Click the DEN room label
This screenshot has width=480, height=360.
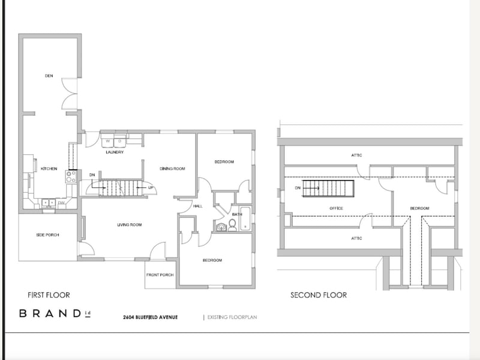tap(49, 76)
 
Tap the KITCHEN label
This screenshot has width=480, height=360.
tap(49, 169)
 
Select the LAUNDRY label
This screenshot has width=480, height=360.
tap(115, 152)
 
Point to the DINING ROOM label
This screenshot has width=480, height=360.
tap(172, 169)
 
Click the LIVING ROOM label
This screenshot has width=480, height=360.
tap(129, 225)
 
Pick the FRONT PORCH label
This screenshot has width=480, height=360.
tap(160, 275)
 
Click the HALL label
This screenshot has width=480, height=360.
tap(197, 206)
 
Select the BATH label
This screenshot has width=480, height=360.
tap(237, 214)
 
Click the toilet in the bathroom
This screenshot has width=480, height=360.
tap(232, 226)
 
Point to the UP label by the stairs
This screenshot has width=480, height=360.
tap(151, 188)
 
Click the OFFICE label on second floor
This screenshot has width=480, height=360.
tap(336, 208)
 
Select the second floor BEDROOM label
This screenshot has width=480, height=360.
tap(419, 208)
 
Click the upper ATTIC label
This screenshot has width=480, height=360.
tap(356, 155)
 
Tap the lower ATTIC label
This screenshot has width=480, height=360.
tap(356, 238)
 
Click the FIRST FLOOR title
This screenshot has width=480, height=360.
tap(49, 295)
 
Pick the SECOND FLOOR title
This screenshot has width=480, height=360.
tap(319, 295)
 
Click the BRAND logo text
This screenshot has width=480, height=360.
tap(54, 313)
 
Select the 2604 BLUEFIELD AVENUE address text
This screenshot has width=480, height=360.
tap(151, 317)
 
